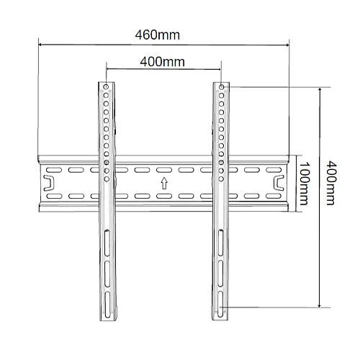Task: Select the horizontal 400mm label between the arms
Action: click(x=162, y=61)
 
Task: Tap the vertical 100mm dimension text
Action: click(x=306, y=183)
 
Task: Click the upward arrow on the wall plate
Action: click(x=163, y=183)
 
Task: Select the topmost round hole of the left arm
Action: click(x=107, y=88)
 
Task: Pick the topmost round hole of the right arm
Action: click(x=222, y=88)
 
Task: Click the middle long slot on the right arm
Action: click(x=222, y=274)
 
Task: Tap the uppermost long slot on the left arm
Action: click(x=107, y=243)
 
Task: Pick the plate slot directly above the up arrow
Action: click(x=163, y=171)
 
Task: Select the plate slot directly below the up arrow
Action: click(x=163, y=195)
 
